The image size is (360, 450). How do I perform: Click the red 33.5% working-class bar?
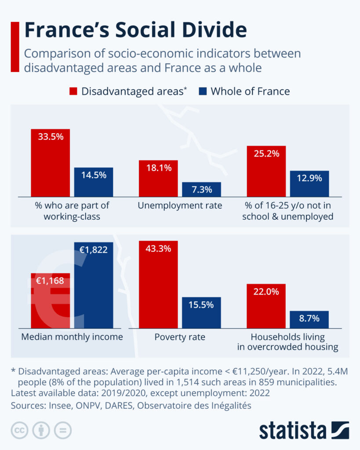tap(50, 163)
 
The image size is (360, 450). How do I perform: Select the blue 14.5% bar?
tap(93, 182)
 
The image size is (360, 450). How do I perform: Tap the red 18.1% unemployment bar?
tap(158, 178)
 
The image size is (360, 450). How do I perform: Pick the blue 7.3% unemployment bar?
tap(201, 189)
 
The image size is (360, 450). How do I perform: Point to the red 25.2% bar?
tap(266, 171)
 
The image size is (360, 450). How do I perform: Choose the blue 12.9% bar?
tap(309, 183)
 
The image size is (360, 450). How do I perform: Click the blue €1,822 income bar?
tap(93, 286)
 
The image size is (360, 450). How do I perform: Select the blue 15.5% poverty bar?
tap(201, 312)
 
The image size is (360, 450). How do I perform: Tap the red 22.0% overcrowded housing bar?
tap(266, 306)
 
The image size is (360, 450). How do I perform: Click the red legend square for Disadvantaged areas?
tap(73, 91)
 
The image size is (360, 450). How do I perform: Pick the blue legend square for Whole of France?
tap(202, 91)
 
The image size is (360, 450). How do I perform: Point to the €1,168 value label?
tap(50, 280)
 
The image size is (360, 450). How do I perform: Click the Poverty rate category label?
tap(180, 337)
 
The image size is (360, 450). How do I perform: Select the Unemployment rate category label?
tap(180, 206)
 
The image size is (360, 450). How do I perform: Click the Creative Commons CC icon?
tap(19, 430)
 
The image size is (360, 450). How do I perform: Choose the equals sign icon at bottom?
tap(63, 430)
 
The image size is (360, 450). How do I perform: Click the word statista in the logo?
tap(292, 430)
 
